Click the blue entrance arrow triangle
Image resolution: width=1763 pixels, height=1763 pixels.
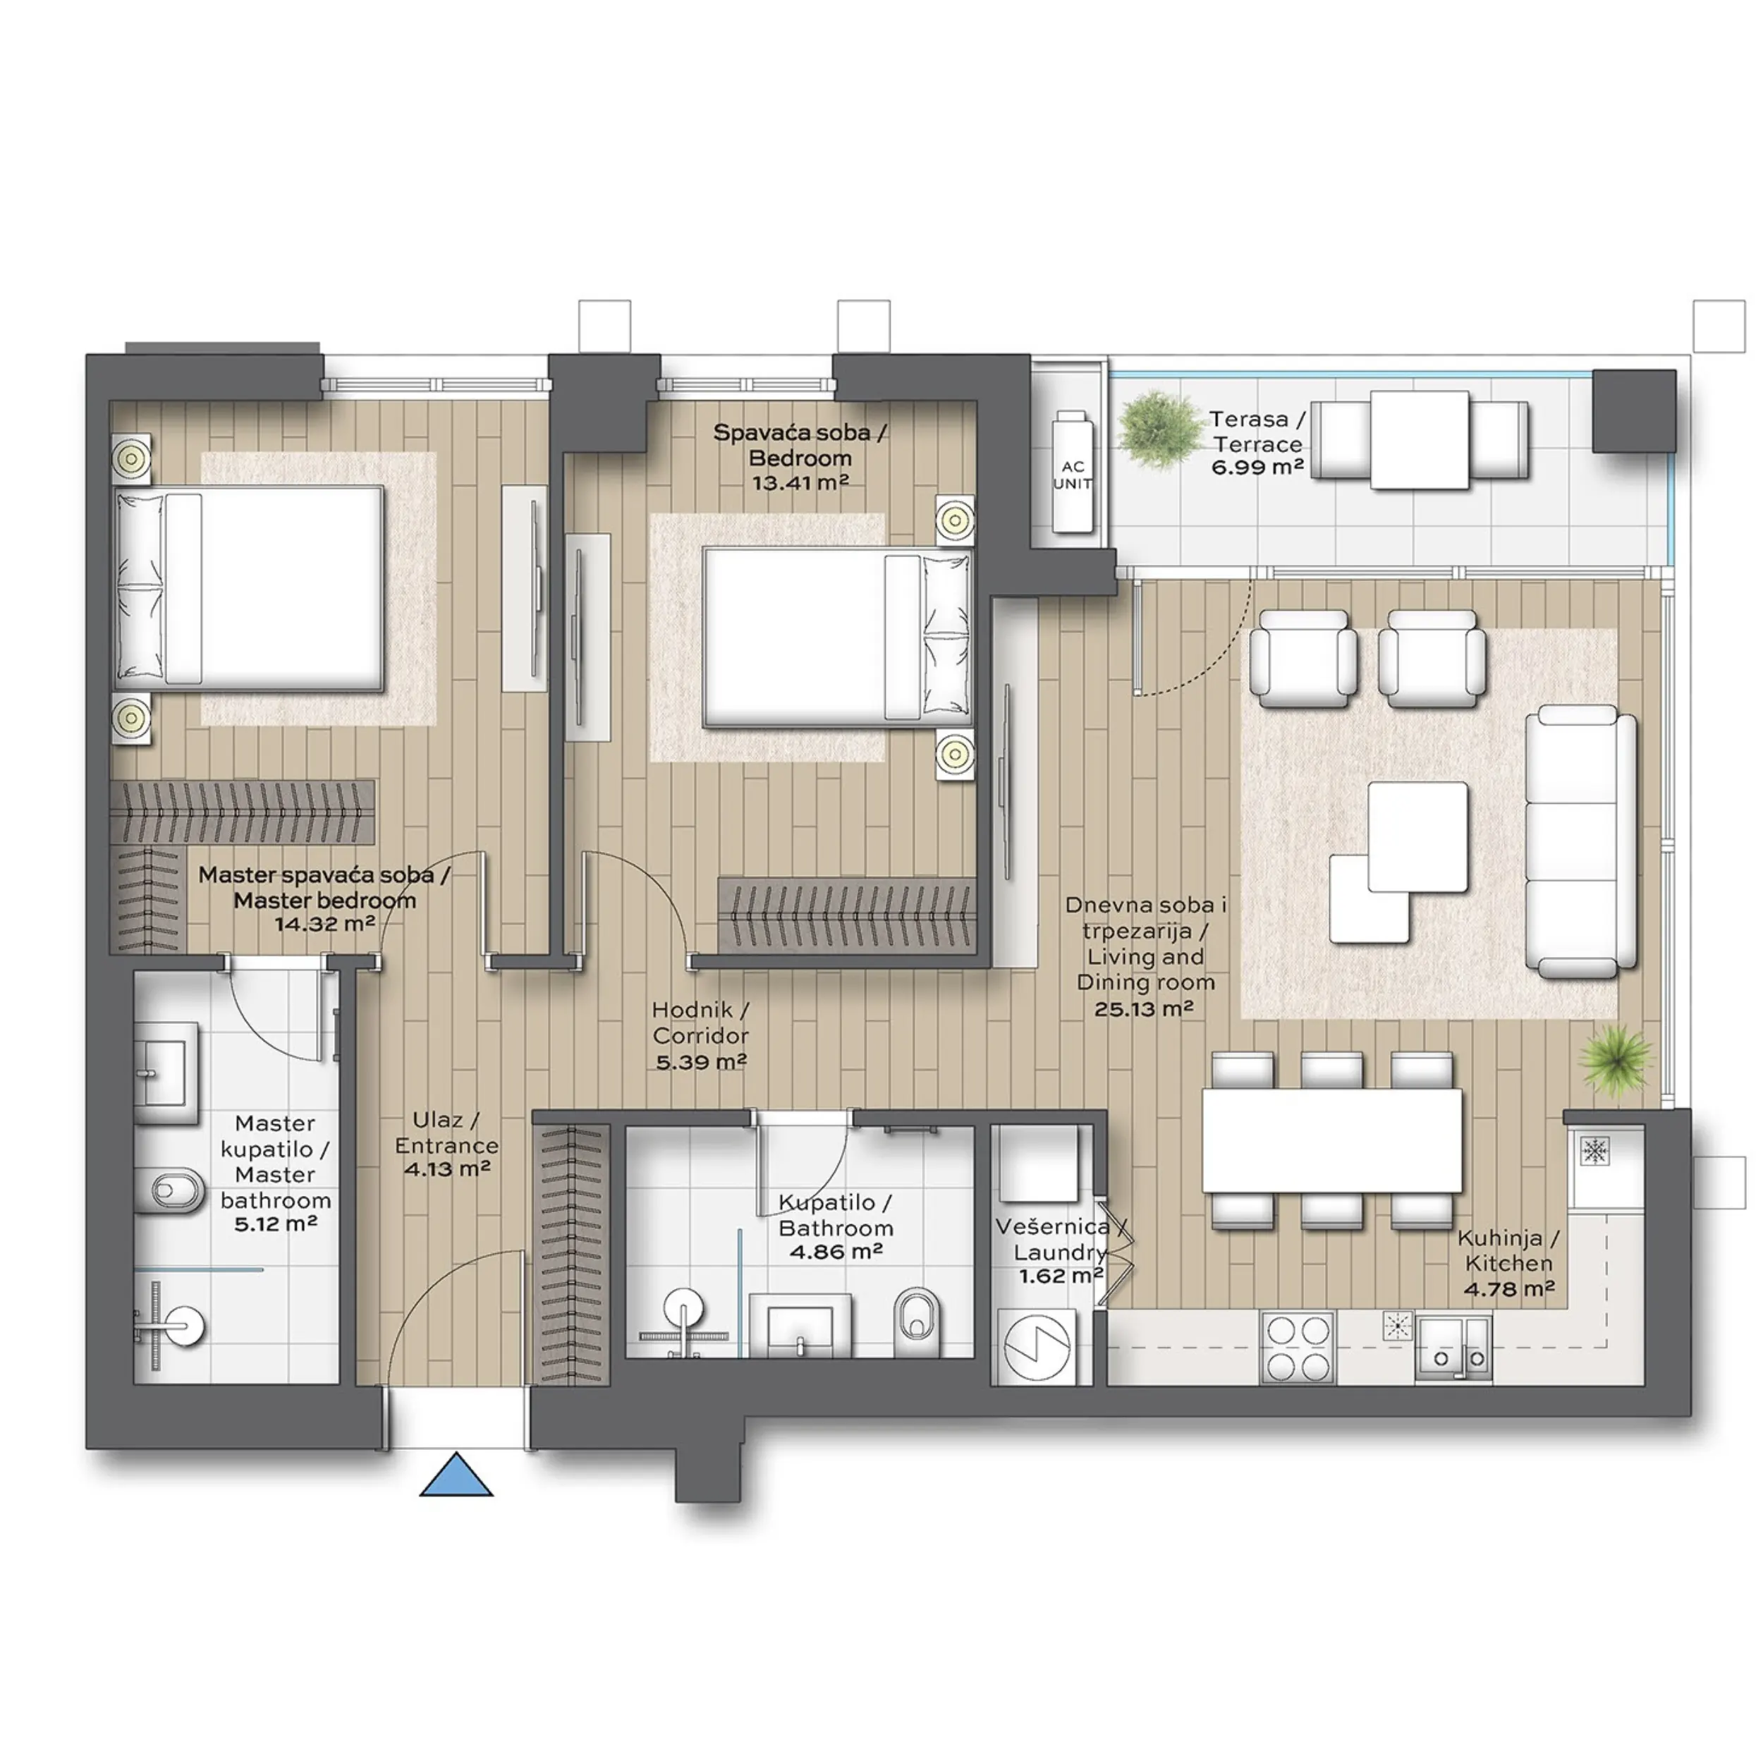point(456,1477)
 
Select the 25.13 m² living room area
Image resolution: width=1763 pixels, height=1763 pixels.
point(1145,1008)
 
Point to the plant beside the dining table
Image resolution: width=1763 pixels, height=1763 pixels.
point(1616,1059)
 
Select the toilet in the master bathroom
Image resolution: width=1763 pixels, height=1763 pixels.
point(178,1189)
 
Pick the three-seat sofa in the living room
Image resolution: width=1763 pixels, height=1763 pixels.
point(1580,842)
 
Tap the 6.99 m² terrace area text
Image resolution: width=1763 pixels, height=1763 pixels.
point(1257,468)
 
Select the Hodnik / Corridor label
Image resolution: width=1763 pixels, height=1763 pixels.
point(701,1023)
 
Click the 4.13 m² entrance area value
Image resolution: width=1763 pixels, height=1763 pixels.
point(447,1168)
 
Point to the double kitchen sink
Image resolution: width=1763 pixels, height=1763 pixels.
point(1453,1350)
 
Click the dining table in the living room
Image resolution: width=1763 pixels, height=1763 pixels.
point(1332,1140)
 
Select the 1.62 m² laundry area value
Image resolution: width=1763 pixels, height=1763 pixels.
point(1061,1275)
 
